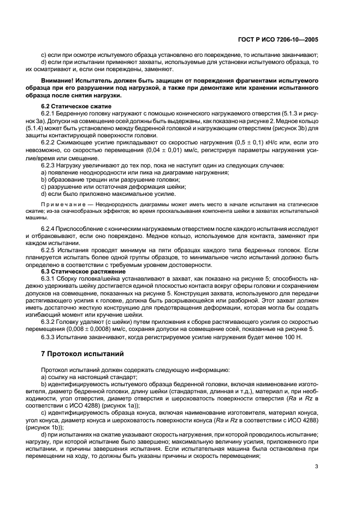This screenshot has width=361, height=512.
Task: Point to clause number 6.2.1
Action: click(50, 113)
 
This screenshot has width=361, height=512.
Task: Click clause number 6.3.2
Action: click(50, 321)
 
